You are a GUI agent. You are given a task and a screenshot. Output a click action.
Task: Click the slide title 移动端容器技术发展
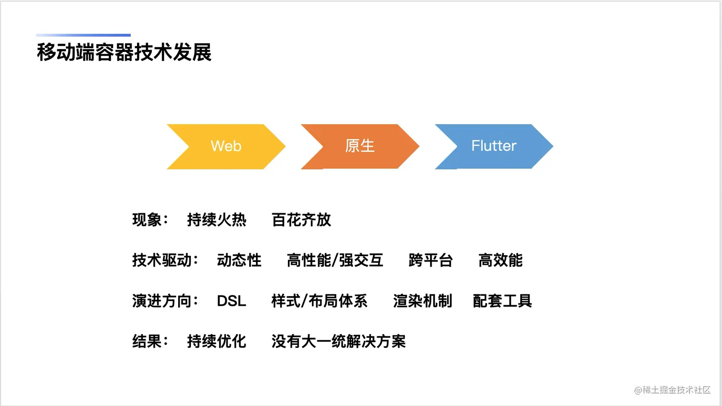point(124,52)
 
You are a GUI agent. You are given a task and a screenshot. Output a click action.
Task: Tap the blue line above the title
point(84,35)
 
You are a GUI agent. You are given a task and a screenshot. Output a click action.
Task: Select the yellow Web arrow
point(226,146)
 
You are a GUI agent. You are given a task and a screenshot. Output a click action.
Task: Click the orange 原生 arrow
point(360,146)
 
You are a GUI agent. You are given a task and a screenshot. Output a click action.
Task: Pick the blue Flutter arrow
point(494,146)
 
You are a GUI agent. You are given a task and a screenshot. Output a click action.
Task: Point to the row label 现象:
point(150,220)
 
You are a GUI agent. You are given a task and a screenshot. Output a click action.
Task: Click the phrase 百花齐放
point(301,220)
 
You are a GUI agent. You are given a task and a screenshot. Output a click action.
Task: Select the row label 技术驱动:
point(165,260)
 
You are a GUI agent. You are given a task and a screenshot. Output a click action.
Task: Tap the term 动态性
point(239,260)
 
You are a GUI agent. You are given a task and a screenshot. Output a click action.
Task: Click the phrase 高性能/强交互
point(335,260)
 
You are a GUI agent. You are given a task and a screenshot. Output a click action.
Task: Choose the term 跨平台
point(431,260)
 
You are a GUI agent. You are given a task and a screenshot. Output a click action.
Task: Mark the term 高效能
point(500,260)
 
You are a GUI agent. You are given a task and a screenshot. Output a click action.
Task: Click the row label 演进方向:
point(165,301)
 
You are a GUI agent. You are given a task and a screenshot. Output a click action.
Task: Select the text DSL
point(232,301)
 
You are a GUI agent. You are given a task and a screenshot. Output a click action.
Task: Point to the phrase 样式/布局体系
point(319,301)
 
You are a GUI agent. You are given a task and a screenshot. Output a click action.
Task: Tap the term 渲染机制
point(423,301)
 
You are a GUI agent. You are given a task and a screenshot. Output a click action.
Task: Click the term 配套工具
point(502,301)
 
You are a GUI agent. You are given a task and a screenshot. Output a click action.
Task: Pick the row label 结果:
point(150,341)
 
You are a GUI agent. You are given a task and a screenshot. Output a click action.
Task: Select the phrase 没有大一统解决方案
point(339,341)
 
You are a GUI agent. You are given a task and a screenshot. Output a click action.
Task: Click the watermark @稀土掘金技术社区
point(672,390)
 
